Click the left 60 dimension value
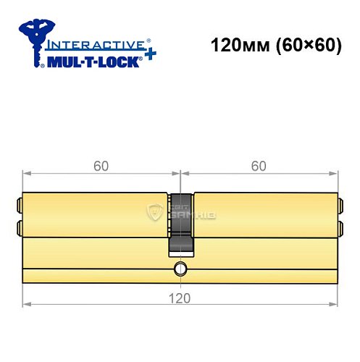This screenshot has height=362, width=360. (101, 166)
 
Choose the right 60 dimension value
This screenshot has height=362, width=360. (259, 166)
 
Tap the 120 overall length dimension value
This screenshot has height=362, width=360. (180, 298)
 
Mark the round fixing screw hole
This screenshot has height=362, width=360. (180, 271)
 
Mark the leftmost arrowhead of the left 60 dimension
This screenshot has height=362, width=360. (26, 174)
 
